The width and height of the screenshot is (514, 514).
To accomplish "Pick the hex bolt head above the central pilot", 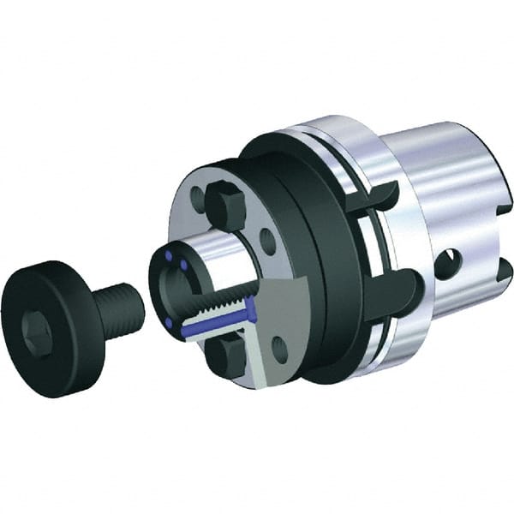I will (x=221, y=205).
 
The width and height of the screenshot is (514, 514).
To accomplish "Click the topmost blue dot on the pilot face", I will (x=174, y=256).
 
